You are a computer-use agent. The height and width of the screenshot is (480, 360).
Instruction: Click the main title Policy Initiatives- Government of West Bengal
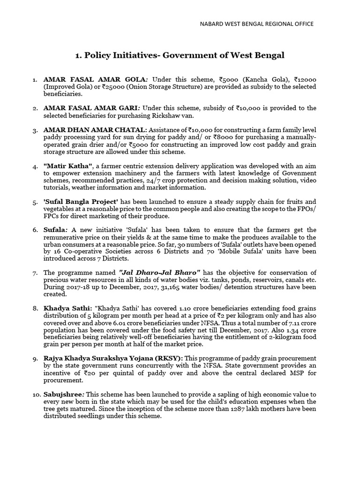coord(180,55)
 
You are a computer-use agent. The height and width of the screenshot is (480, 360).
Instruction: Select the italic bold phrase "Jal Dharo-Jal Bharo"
coord(160,272)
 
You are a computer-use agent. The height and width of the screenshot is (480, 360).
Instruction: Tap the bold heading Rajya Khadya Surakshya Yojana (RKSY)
coord(112,358)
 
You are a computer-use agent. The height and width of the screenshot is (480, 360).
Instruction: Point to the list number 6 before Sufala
coord(35,230)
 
